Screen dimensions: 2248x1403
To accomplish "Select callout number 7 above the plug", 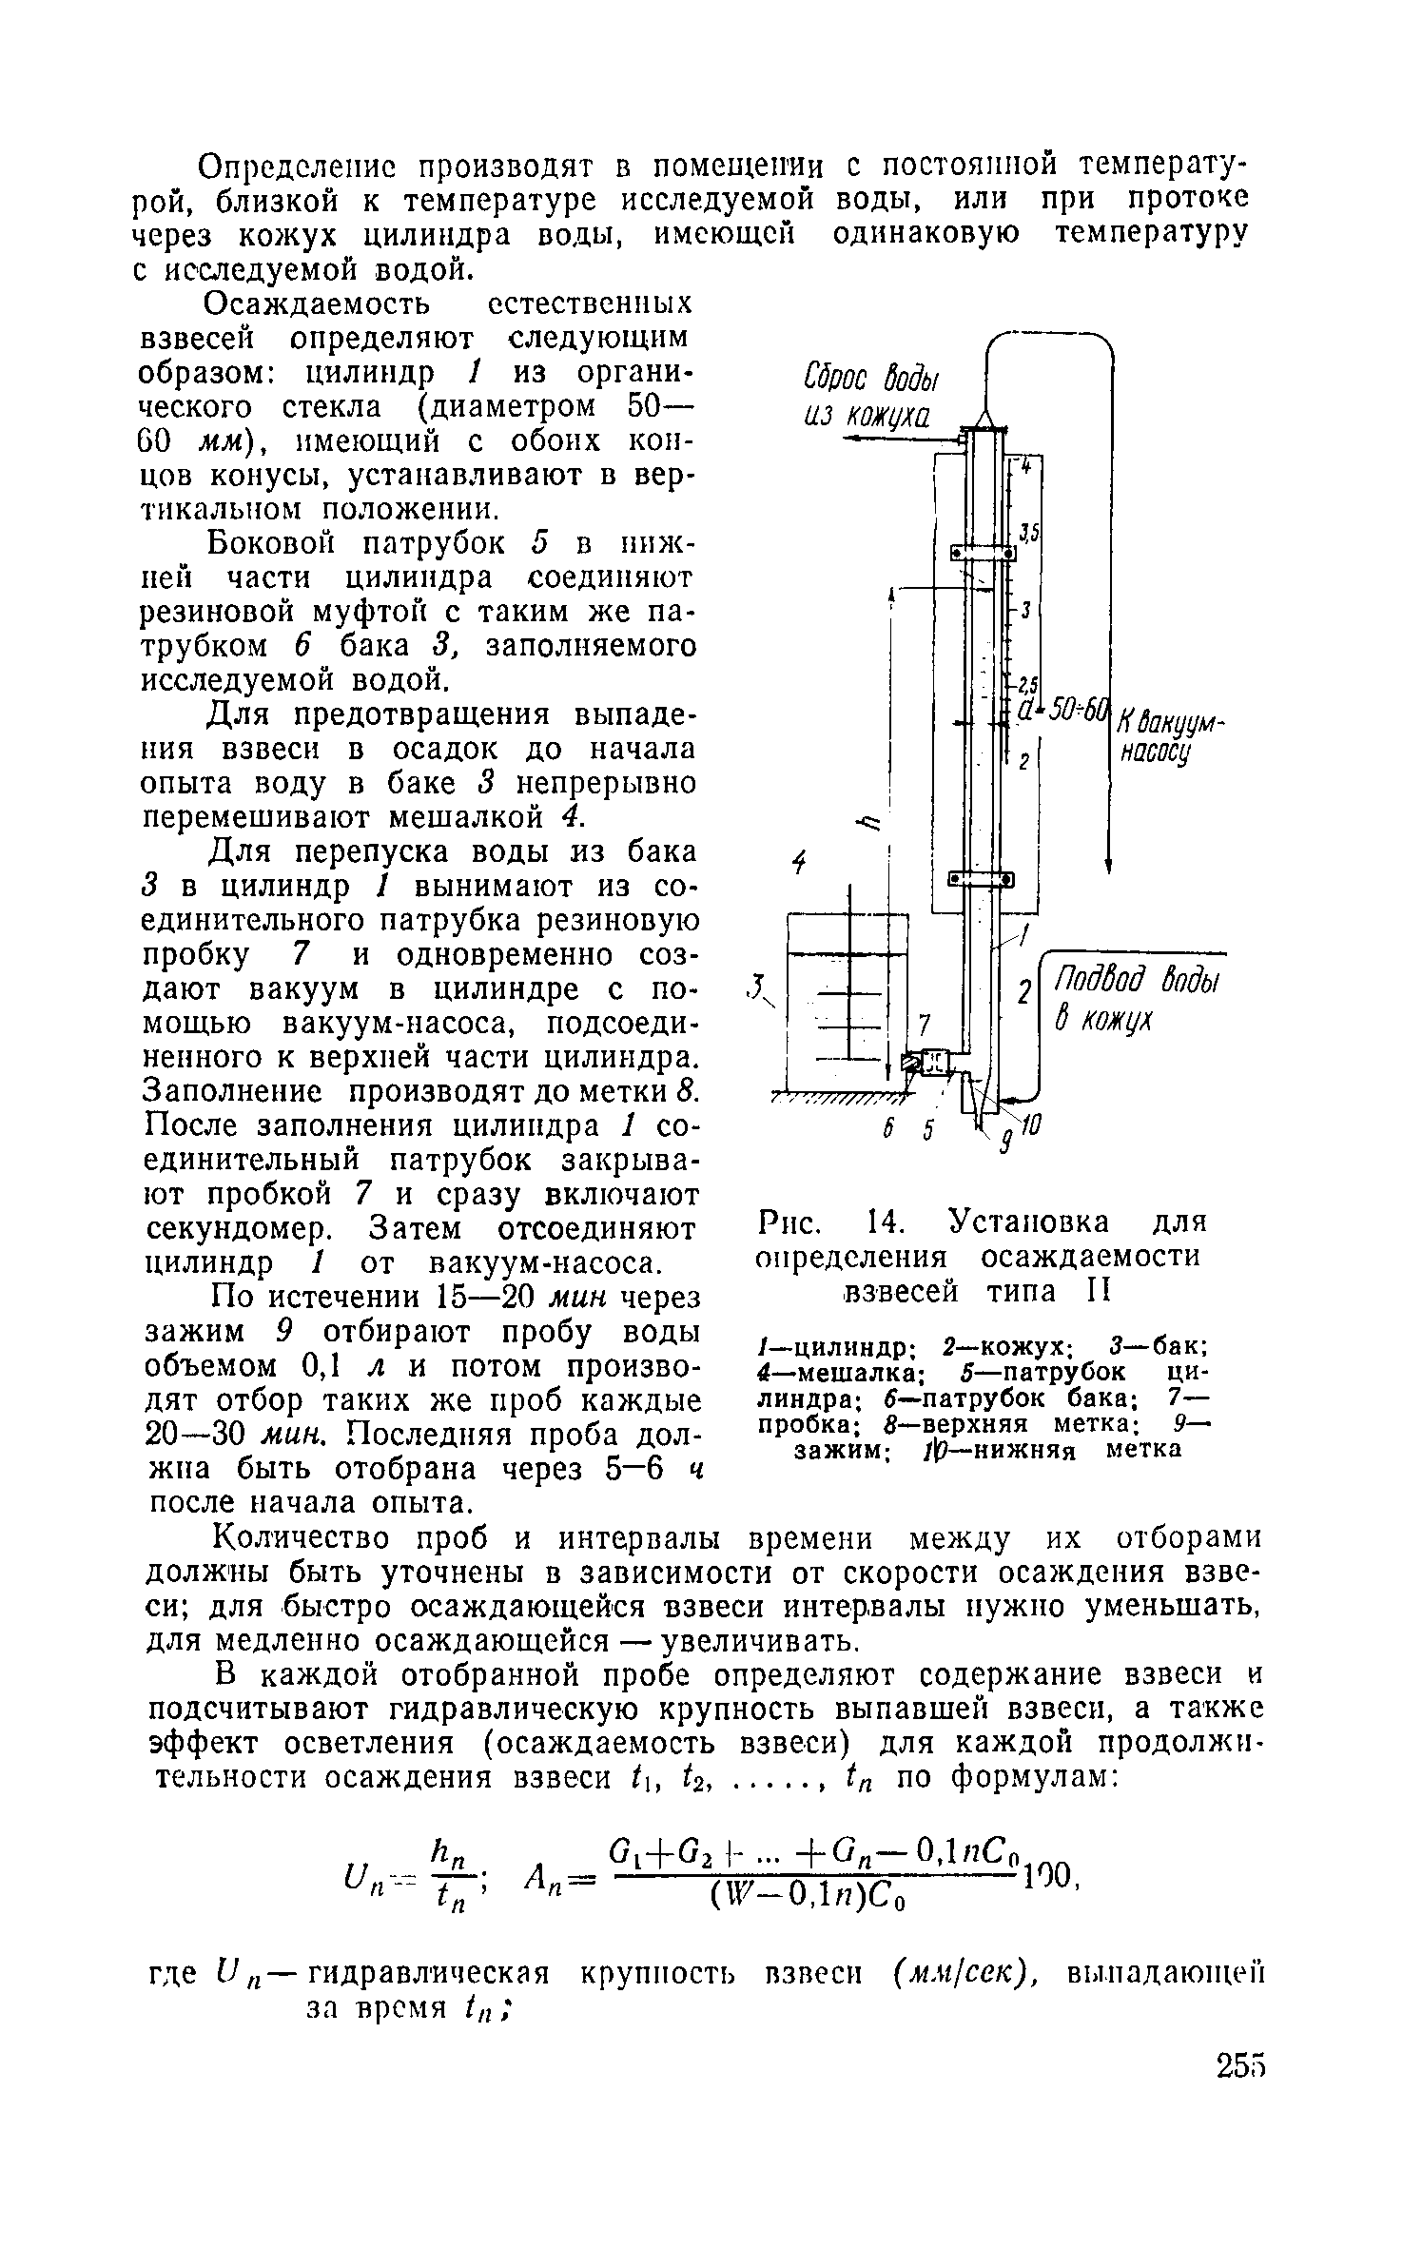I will [923, 1023].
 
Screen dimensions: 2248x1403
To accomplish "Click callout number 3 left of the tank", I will [754, 985].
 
